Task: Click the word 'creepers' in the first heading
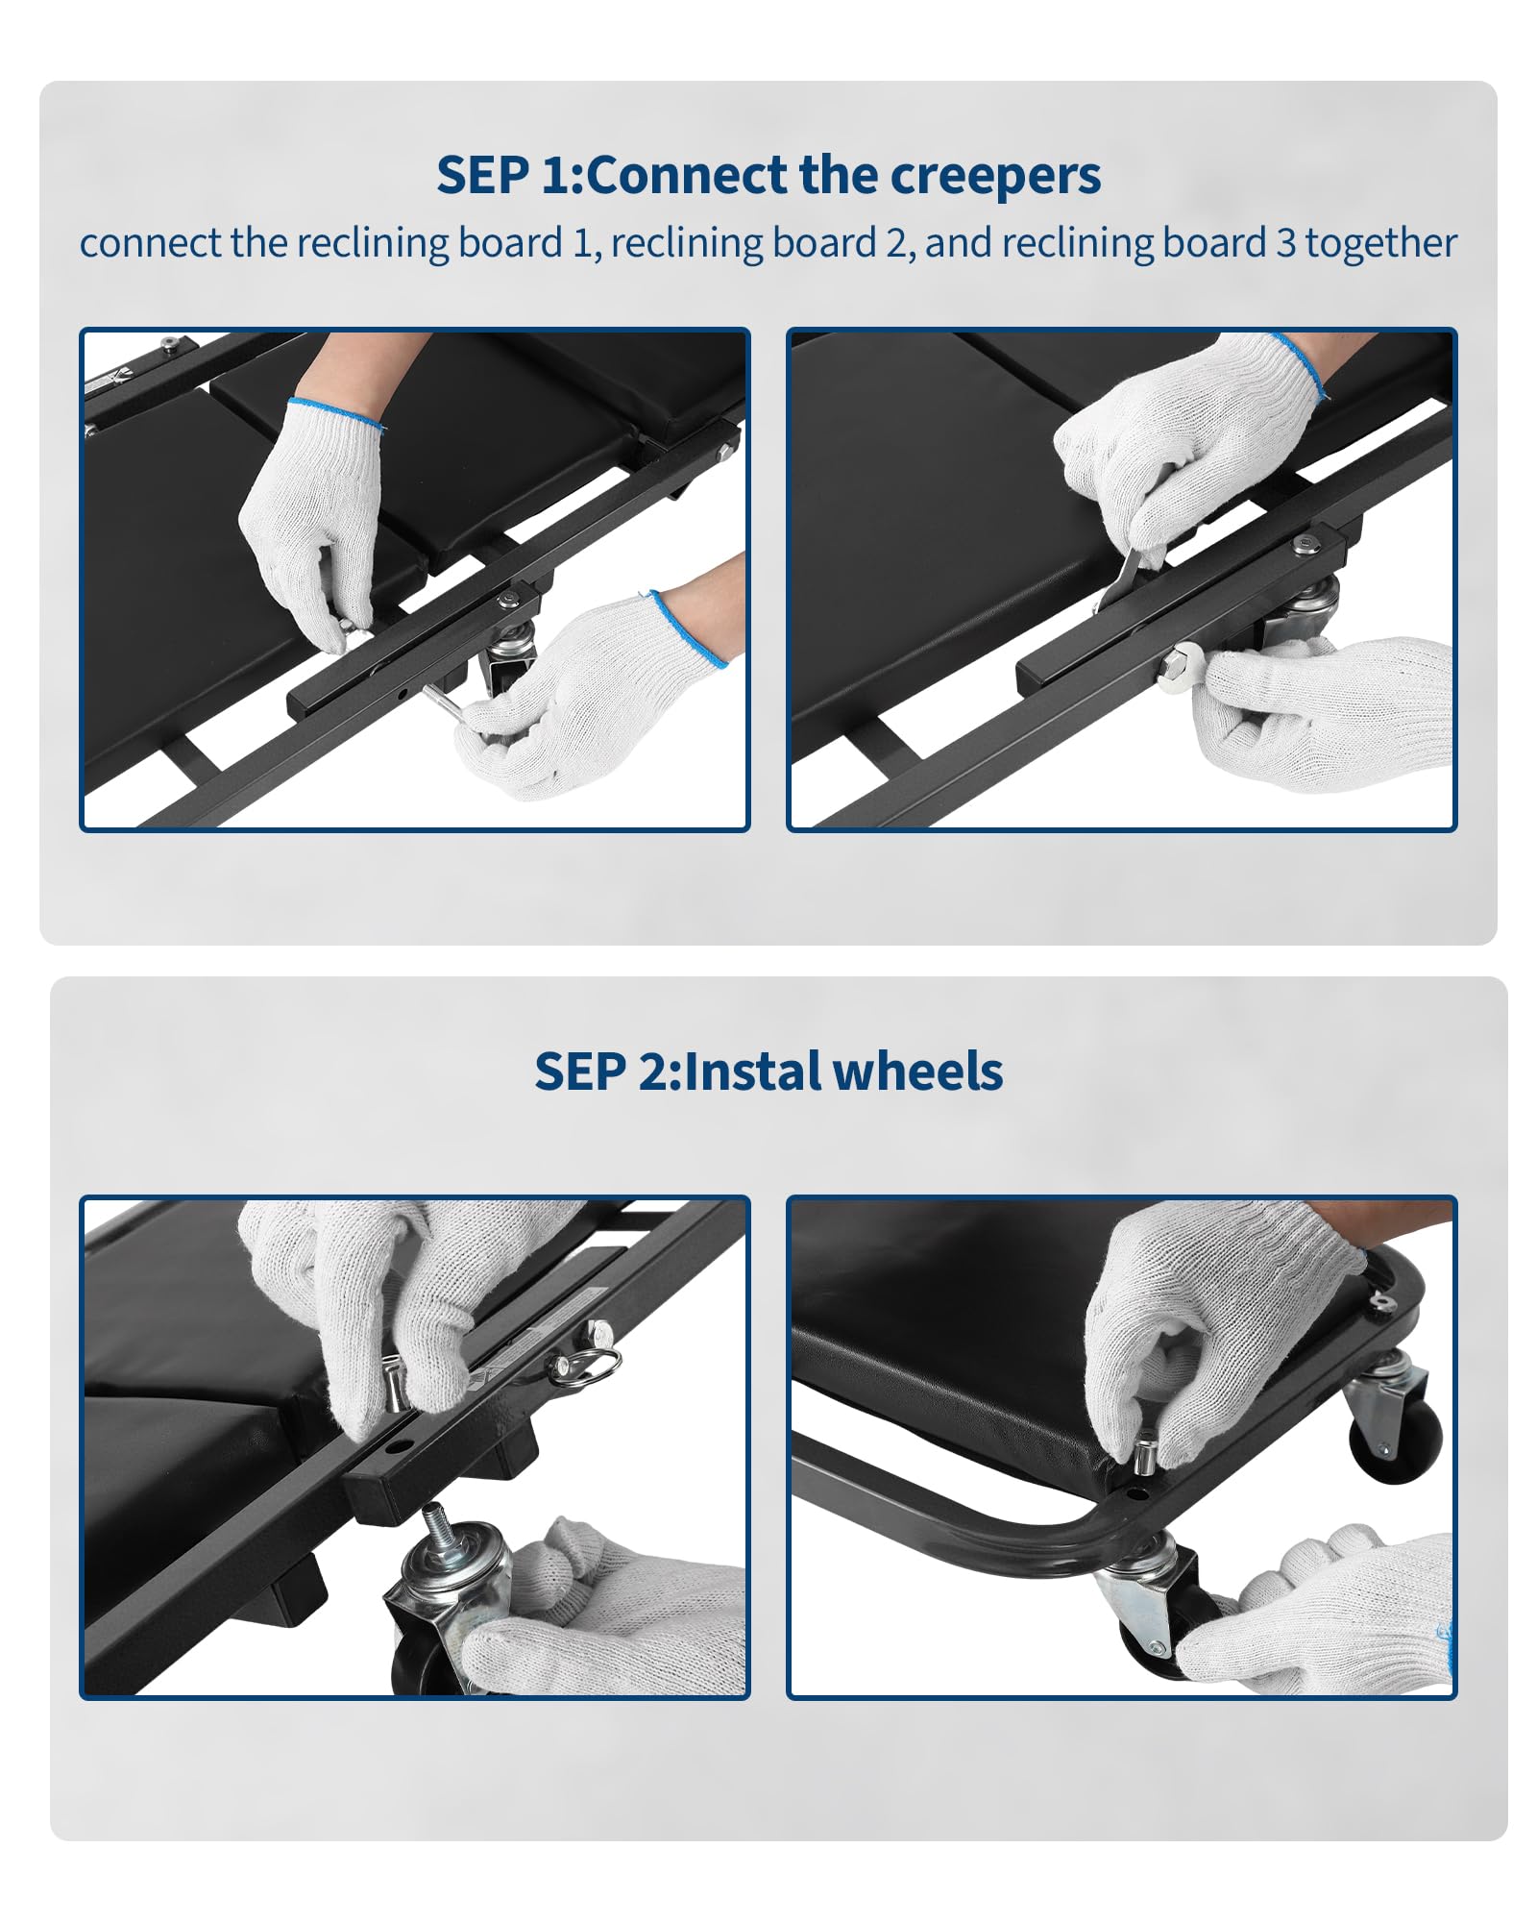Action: coord(995,176)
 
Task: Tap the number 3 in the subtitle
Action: coord(1286,243)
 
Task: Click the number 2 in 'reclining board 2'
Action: coord(895,243)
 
